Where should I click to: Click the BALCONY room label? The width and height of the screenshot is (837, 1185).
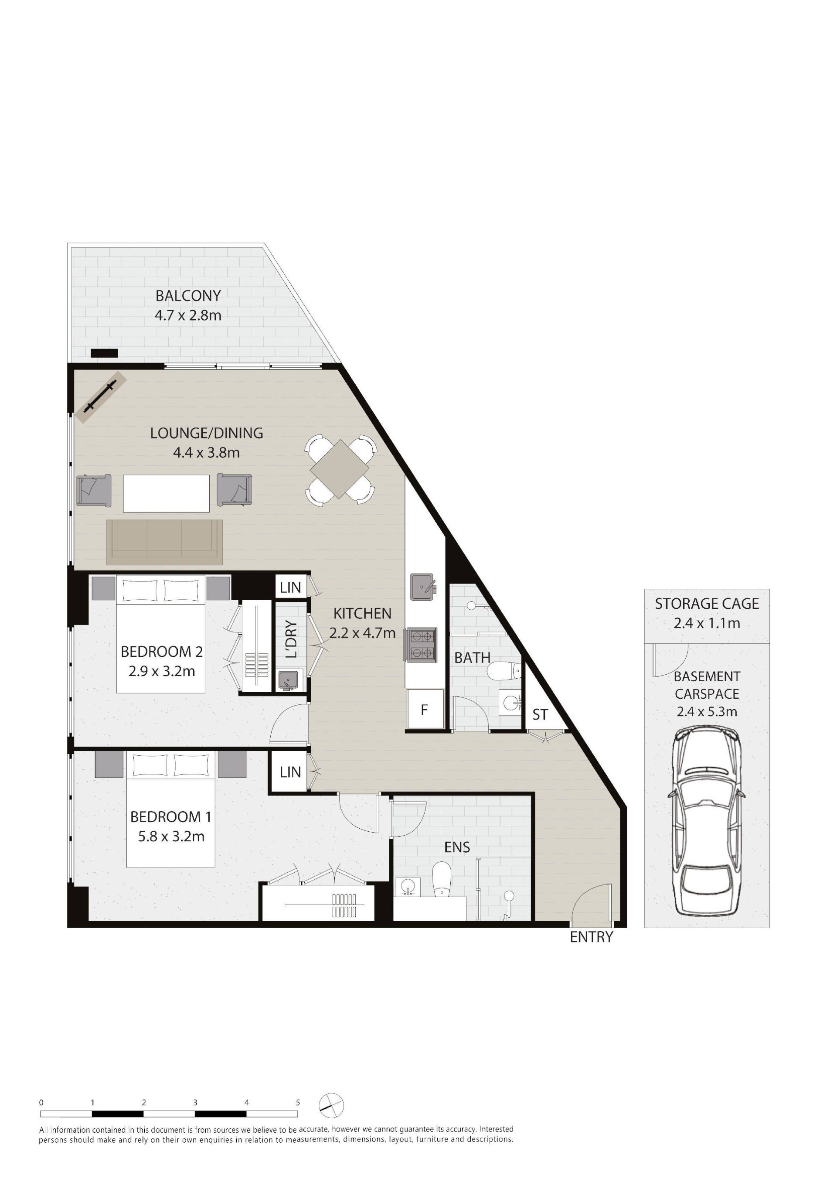tap(188, 296)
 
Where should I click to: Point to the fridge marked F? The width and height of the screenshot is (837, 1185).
tap(424, 710)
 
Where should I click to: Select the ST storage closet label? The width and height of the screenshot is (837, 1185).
tap(540, 715)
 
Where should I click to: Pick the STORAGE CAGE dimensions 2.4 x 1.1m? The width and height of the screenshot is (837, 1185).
tap(707, 624)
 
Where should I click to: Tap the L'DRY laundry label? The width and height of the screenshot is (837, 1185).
tap(292, 639)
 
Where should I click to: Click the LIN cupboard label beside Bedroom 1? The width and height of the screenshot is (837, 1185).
tap(290, 772)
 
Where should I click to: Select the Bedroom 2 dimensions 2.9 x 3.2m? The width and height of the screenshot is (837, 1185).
tap(162, 672)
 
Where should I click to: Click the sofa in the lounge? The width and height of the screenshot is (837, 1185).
tap(165, 542)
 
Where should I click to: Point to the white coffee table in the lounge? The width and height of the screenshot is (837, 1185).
tap(166, 493)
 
